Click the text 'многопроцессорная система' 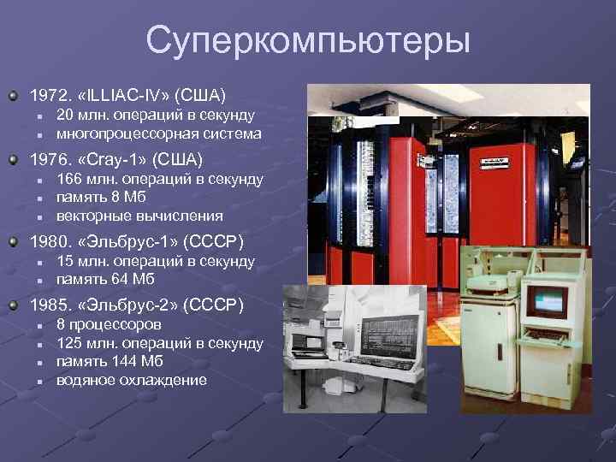tap(158, 133)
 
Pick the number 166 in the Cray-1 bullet tap(69, 180)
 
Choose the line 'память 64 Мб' tap(106, 279)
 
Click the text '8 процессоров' tap(108, 325)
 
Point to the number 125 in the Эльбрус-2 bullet tap(69, 343)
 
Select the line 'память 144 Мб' tap(110, 361)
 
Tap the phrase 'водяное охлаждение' tap(131, 379)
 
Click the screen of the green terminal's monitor tap(547, 299)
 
